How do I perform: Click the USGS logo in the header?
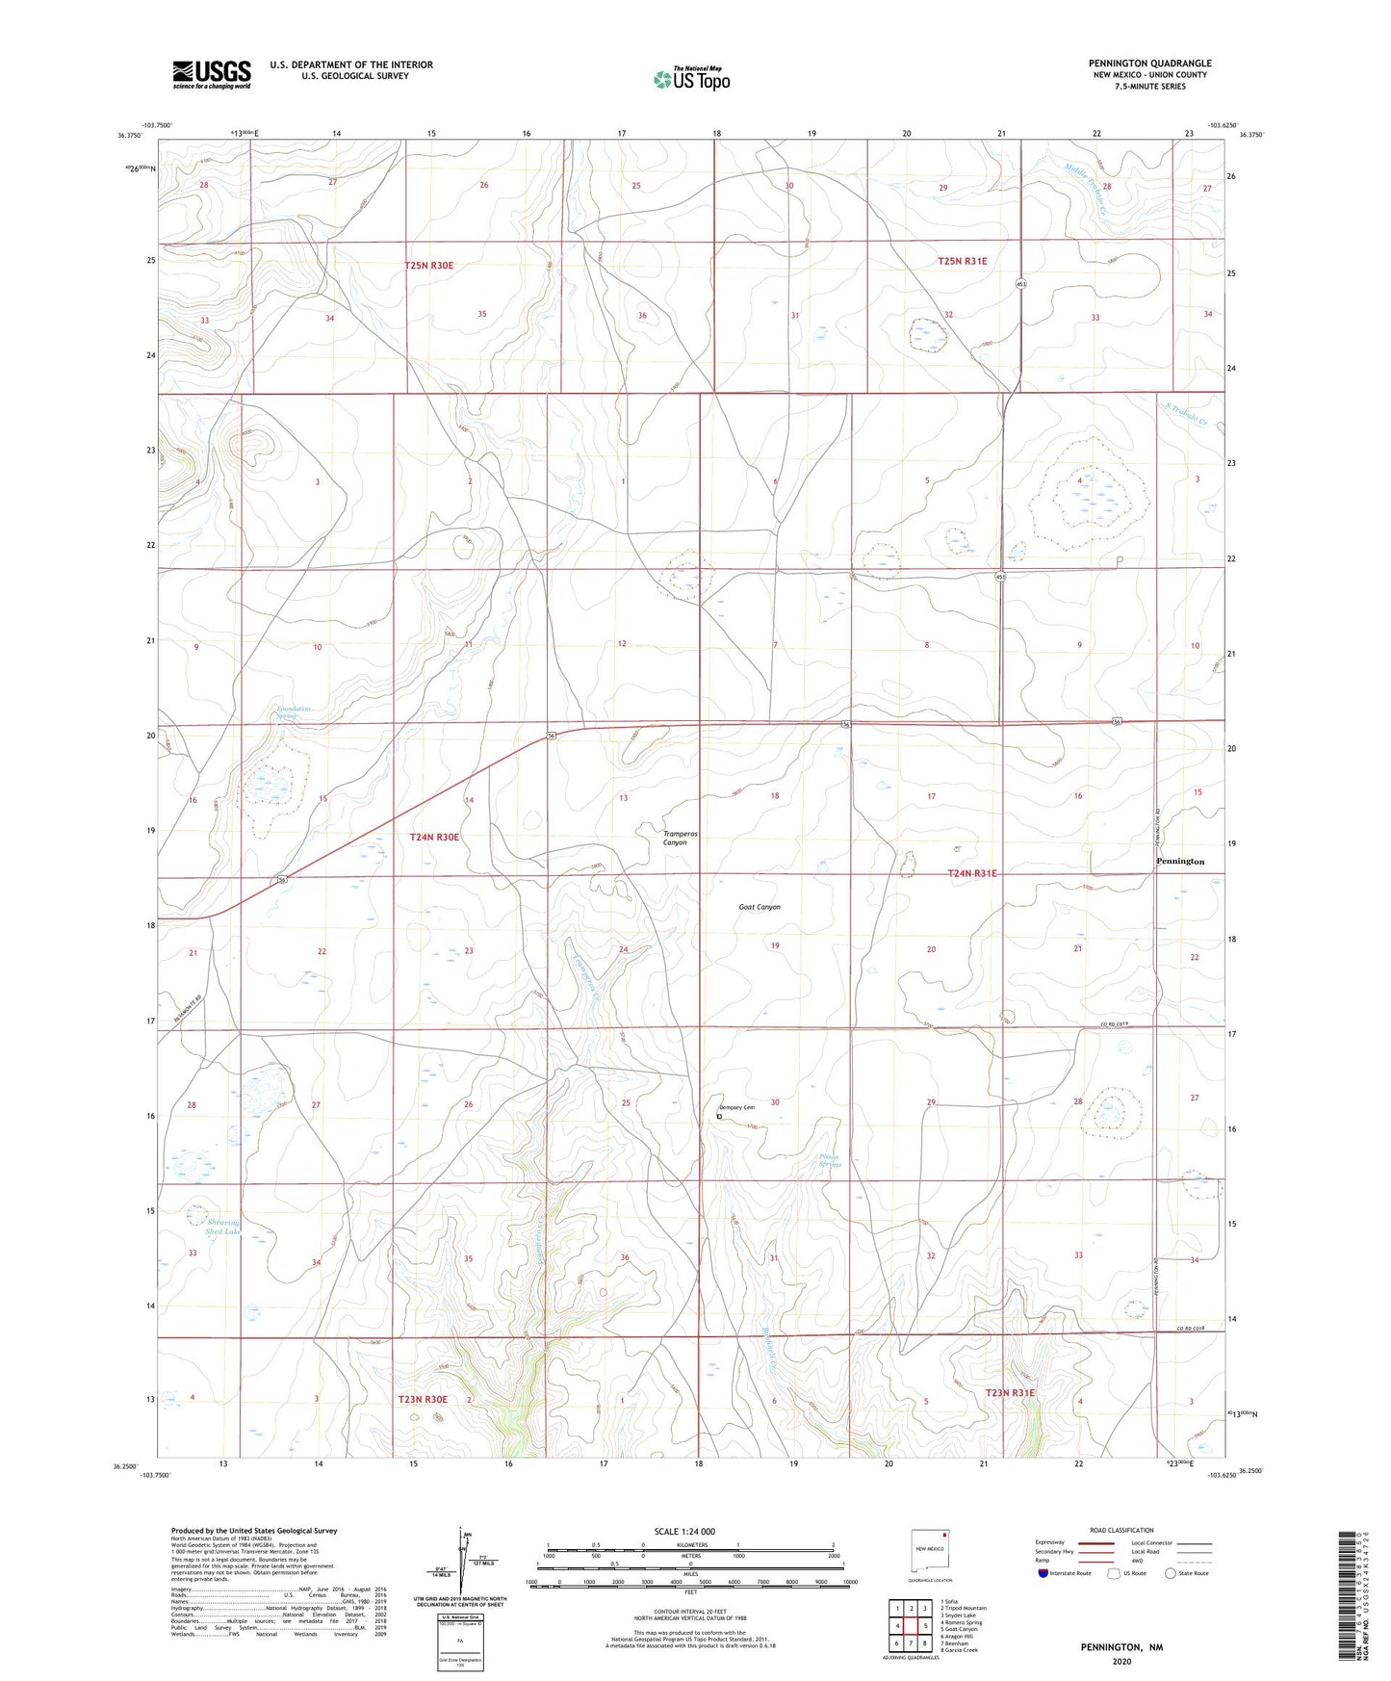click(x=212, y=74)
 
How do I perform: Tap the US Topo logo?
click(x=690, y=79)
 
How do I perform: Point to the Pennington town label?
click(x=1179, y=862)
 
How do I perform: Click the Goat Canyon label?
click(x=760, y=907)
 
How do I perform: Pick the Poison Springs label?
click(x=830, y=1161)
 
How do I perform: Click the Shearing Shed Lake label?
click(x=222, y=1228)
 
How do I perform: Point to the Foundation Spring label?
click(x=294, y=712)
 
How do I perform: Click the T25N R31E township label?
click(x=963, y=261)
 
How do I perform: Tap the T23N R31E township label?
click(x=1010, y=1393)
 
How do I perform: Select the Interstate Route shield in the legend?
click(x=1044, y=1573)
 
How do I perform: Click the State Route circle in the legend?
click(x=1171, y=1573)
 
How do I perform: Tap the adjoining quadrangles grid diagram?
click(x=911, y=1626)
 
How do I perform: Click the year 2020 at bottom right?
click(x=1121, y=1662)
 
